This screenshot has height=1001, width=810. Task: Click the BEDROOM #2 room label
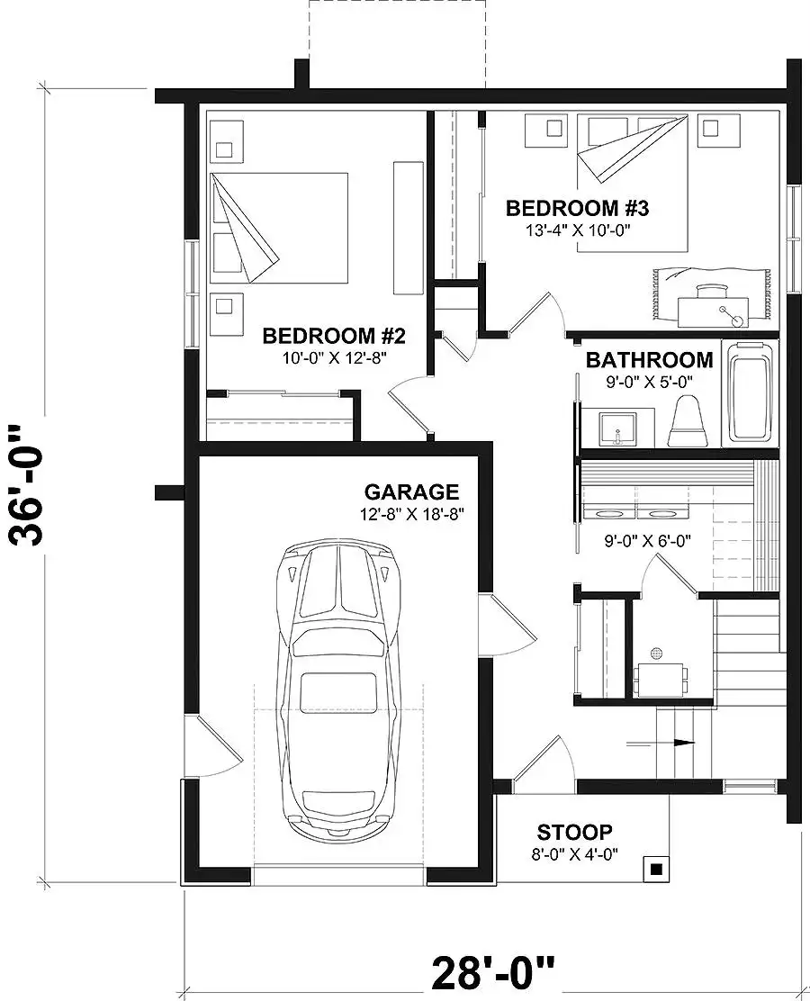(334, 335)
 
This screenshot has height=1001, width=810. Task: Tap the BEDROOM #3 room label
(577, 208)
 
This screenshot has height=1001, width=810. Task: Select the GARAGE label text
(411, 491)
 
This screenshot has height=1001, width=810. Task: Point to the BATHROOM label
(649, 360)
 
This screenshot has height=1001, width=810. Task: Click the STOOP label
(574, 833)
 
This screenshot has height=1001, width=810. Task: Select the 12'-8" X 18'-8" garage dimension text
(411, 513)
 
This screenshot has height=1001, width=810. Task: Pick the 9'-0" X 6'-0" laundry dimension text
(648, 541)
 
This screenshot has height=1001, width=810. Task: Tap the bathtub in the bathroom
(751, 392)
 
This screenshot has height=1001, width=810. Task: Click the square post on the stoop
(655, 869)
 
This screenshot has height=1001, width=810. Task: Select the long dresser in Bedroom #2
(409, 228)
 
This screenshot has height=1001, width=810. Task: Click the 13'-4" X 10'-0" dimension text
(579, 230)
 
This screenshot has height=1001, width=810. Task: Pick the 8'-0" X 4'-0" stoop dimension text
(574, 853)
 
